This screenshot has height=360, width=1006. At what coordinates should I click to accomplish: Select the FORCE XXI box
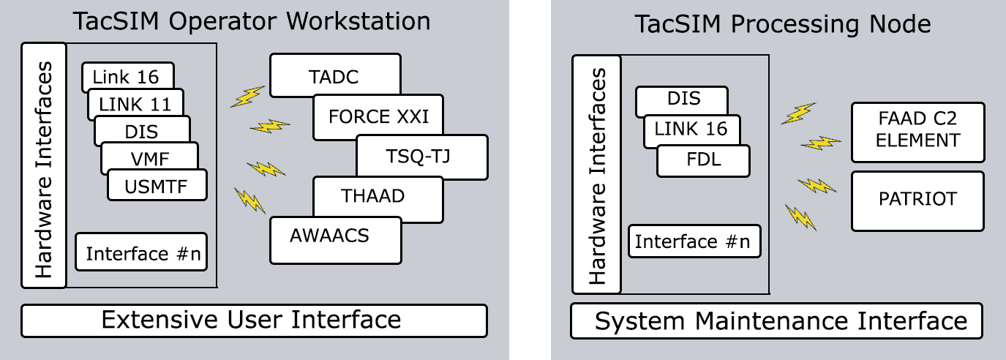pyautogui.click(x=378, y=117)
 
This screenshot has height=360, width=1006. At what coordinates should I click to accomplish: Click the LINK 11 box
pyautogui.click(x=135, y=104)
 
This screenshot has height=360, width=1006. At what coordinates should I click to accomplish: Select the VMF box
pyautogui.click(x=149, y=159)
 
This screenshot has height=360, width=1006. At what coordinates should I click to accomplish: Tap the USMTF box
pyautogui.click(x=157, y=187)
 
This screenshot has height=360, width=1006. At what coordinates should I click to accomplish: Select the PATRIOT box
pyautogui.click(x=917, y=200)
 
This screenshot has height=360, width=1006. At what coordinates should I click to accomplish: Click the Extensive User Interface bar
pyautogui.click(x=254, y=320)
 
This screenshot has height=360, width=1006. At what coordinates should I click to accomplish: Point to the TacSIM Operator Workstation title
pyautogui.click(x=252, y=21)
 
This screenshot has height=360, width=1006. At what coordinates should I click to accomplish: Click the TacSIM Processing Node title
pyautogui.click(x=782, y=24)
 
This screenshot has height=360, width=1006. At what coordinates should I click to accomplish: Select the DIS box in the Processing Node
pyautogui.click(x=682, y=99)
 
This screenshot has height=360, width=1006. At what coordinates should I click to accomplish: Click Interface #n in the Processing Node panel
pyautogui.click(x=694, y=241)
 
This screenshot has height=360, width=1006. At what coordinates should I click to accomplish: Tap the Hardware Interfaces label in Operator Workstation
pyautogui.click(x=44, y=165)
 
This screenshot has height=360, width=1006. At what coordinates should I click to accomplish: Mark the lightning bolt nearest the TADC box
pyautogui.click(x=247, y=97)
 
